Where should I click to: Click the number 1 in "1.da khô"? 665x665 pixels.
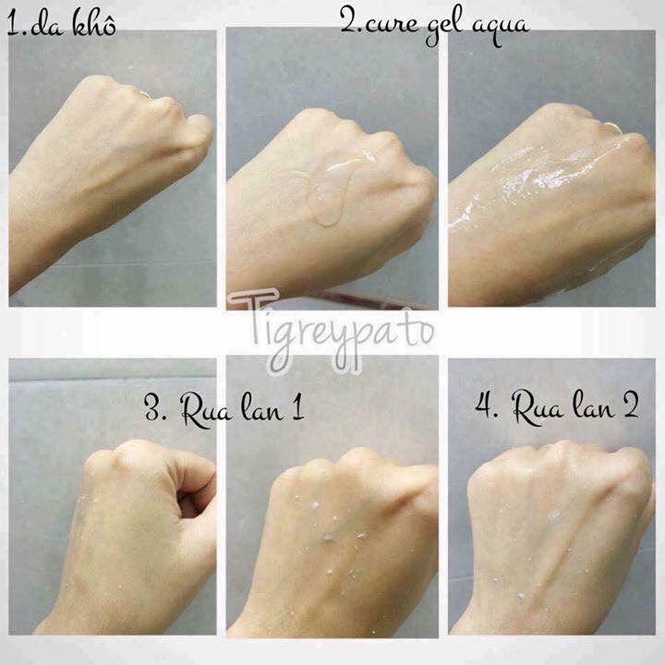tap(13, 25)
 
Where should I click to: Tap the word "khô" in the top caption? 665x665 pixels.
tap(94, 23)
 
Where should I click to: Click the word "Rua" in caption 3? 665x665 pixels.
tap(204, 410)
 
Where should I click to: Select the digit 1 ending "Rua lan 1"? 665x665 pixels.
tap(298, 408)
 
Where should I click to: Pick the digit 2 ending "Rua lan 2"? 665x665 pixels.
tap(630, 405)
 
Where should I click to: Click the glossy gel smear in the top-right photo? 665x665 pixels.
tap(547, 178)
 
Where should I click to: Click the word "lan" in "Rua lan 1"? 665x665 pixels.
tap(262, 409)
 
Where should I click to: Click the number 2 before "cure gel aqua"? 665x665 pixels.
tap(349, 20)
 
